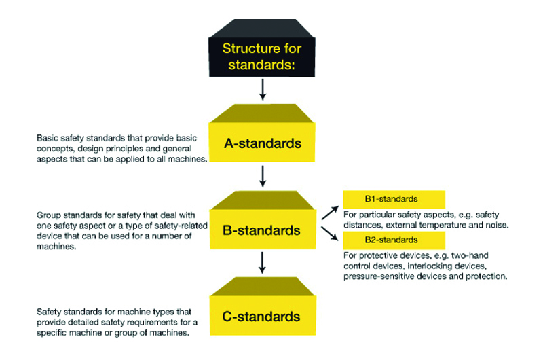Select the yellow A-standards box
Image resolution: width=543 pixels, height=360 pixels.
(262, 143)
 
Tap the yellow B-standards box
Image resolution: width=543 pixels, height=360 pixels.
(262, 230)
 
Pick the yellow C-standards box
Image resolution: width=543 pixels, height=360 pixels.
(262, 316)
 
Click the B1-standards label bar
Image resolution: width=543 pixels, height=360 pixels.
(394, 200)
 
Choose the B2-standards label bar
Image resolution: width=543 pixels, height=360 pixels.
(394, 240)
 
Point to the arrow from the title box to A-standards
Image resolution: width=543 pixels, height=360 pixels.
(262, 88)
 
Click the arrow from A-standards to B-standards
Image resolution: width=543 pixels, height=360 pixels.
(262, 176)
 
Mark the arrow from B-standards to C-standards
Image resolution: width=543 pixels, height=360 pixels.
(262, 262)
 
